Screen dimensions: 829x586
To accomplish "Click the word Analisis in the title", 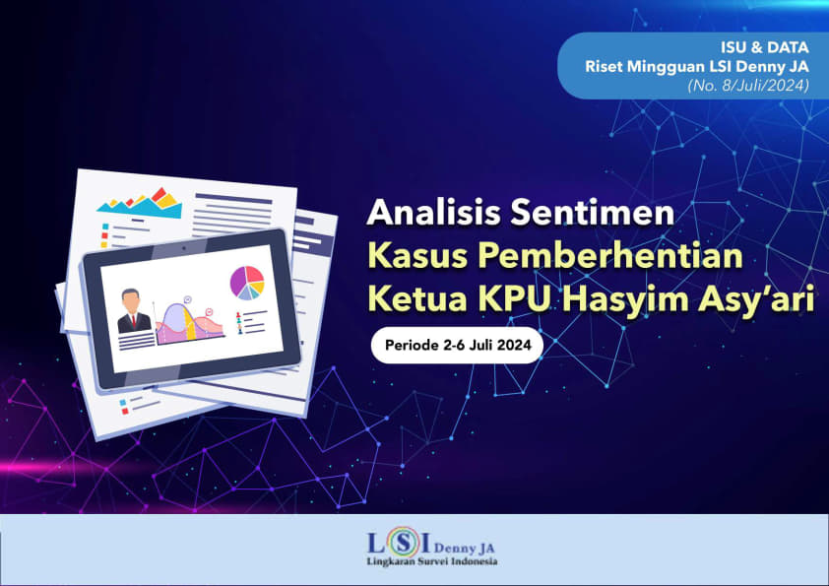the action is [433, 212].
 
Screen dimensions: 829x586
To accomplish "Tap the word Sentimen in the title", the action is [593, 212].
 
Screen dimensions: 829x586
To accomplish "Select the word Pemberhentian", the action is [610, 255].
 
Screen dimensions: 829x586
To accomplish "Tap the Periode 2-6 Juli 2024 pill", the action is [457, 346].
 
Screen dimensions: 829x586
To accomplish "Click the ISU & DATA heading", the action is [764, 47].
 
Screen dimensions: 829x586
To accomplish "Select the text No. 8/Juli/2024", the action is [748, 85].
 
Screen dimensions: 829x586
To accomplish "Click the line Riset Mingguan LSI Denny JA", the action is [697, 67].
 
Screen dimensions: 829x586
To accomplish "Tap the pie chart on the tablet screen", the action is [247, 283].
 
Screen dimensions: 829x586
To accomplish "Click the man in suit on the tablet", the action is [134, 311].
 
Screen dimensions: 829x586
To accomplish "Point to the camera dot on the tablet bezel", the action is [184, 247].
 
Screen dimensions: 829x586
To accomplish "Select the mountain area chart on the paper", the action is [141, 203].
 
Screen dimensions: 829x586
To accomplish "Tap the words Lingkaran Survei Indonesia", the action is [432, 561].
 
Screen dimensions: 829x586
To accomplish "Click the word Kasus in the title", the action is [417, 255].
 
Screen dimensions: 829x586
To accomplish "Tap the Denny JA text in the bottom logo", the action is [464, 548].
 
